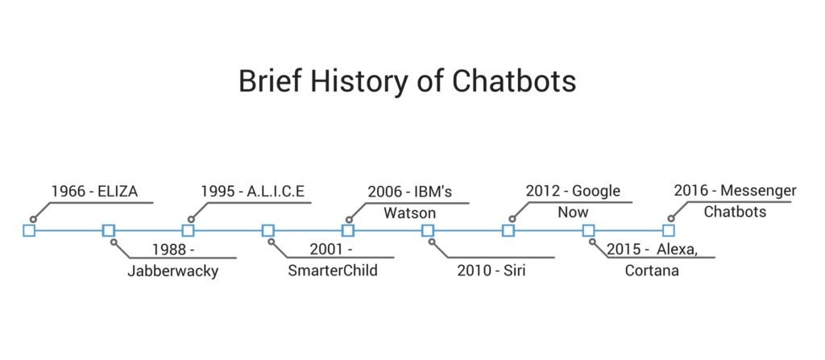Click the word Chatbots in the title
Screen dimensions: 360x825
click(512, 81)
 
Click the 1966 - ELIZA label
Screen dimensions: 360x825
click(94, 192)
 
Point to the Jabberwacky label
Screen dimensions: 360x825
click(172, 271)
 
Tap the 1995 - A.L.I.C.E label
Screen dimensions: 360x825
click(253, 192)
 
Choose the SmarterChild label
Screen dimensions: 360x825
click(333, 271)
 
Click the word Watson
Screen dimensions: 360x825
click(409, 213)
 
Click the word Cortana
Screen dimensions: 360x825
click(652, 271)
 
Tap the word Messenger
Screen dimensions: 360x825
click(757, 192)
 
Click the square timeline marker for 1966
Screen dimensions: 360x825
click(29, 231)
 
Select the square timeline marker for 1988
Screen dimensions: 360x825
click(109, 231)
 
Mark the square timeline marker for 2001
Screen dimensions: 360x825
click(268, 231)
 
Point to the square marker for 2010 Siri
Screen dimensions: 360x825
click(428, 231)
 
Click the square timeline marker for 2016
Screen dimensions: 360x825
click(668, 231)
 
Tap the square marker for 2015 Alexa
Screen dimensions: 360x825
click(588, 231)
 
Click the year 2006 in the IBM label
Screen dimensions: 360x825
click(384, 192)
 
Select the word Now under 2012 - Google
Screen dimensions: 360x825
click(573, 213)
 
